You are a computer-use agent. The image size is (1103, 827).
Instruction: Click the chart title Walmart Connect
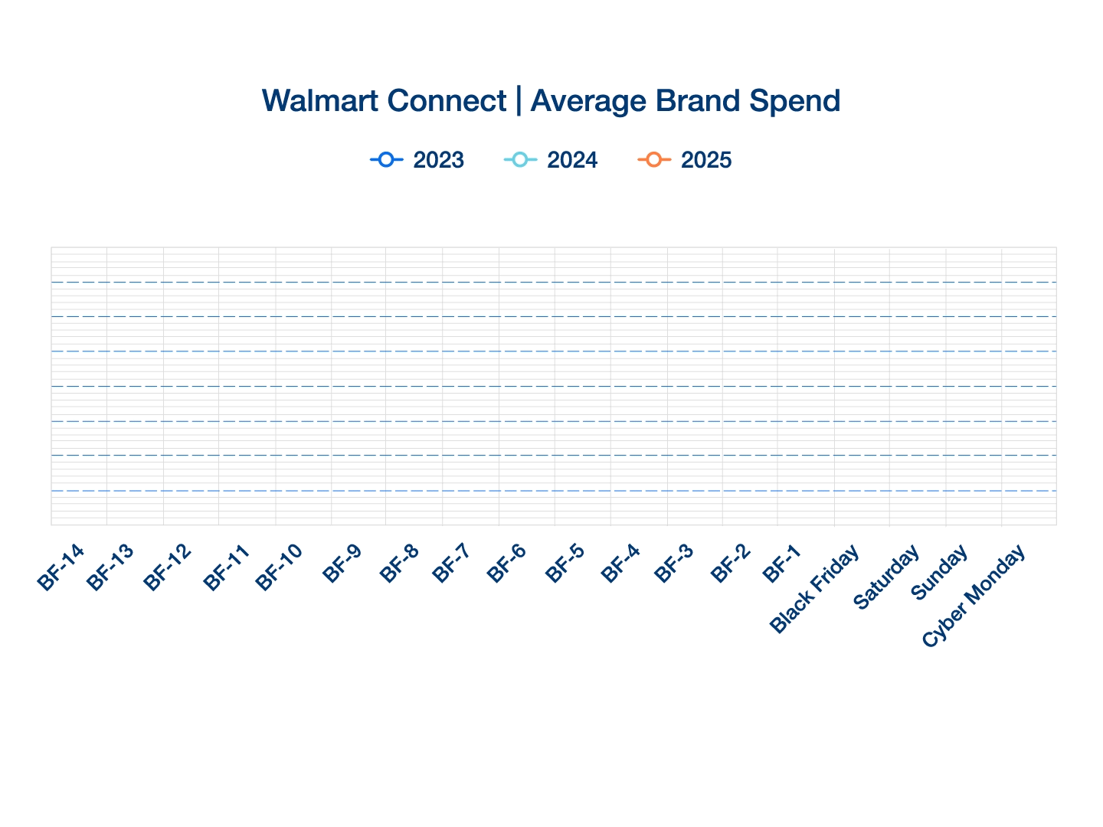[x=384, y=101]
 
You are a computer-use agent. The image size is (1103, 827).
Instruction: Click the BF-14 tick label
[x=61, y=567]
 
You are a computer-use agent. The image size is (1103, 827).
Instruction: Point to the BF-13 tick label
[x=110, y=567]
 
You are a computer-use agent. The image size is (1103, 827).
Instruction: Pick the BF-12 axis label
[x=167, y=567]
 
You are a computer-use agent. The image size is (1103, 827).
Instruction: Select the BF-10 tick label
[x=279, y=567]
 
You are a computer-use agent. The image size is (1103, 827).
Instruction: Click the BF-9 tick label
[x=342, y=565]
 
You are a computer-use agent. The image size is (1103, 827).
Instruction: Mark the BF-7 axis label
[x=452, y=565]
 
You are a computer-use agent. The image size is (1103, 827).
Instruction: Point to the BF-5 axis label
[x=564, y=565]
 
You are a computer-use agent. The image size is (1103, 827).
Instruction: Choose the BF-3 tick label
[x=676, y=565]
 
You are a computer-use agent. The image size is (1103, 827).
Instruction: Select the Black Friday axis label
[x=814, y=590]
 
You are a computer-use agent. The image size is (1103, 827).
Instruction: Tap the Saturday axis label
[x=886, y=578]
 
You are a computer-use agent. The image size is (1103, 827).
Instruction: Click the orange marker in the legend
[x=653, y=160]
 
